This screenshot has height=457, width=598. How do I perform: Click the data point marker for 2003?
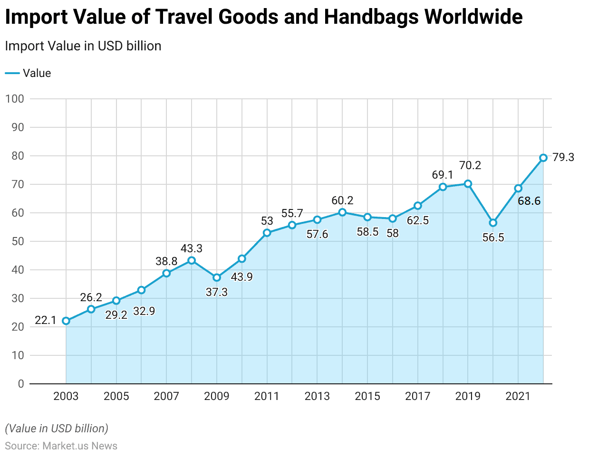coord(66,321)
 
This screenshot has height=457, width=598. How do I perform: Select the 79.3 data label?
coord(563,157)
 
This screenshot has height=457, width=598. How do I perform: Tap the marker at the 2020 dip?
coord(493,223)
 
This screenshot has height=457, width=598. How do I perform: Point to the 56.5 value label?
coord(493,238)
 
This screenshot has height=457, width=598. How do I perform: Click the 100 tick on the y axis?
coord(15,99)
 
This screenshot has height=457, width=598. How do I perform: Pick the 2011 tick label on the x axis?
coord(267,396)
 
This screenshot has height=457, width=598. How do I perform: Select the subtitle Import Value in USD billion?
coord(83,46)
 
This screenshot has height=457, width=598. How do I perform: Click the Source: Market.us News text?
coord(61,446)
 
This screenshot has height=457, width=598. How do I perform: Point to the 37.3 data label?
coord(217,292)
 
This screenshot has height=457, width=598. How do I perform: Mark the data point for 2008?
coord(192,260)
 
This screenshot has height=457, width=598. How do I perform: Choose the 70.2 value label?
coord(470,165)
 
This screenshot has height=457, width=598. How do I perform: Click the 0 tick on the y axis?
coord(21,384)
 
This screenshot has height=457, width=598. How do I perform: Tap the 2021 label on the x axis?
coord(518,396)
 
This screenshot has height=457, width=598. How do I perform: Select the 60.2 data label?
coord(342,200)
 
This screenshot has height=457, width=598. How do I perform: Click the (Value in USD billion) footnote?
coord(57,428)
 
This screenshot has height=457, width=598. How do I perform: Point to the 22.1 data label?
coord(46,320)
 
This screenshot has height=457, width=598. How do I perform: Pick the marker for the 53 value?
coord(267,233)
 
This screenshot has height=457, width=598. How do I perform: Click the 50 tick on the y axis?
coord(18,241)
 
